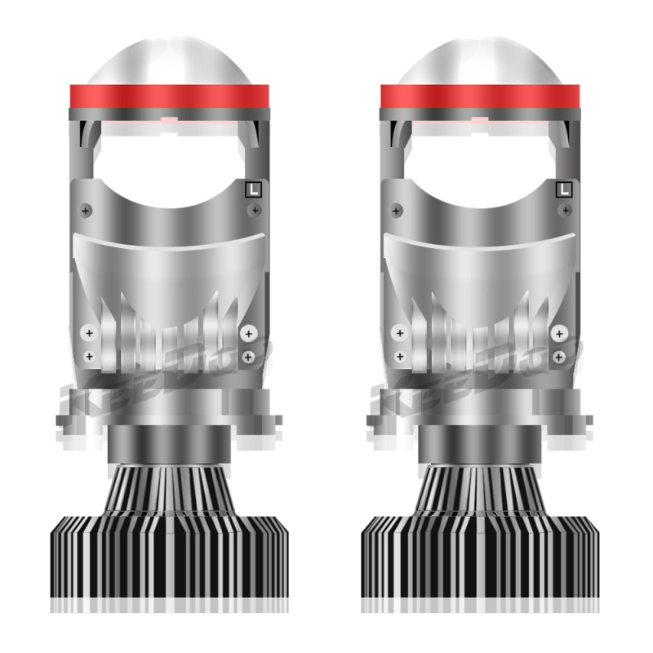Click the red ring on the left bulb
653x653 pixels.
170,96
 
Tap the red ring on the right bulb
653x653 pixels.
479,96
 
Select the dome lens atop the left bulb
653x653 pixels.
170,61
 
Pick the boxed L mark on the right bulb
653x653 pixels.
563,189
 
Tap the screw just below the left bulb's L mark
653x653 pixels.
255,211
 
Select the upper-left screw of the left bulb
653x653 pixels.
87,211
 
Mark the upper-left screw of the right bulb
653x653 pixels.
396,211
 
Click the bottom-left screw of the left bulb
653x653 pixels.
90,357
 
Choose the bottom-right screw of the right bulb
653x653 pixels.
559,357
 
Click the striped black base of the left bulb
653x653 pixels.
170,555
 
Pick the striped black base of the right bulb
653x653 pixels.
480,555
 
